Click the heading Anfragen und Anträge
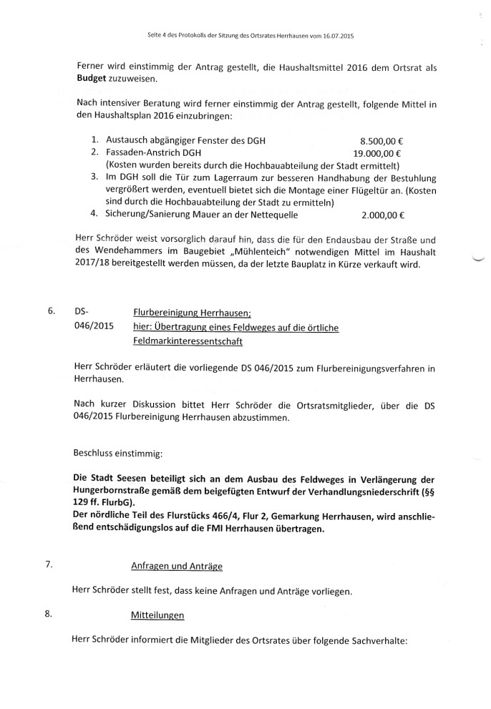coord(177,566)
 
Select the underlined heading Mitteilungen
coord(157,615)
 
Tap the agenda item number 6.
coord(51,311)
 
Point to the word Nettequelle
coord(266,213)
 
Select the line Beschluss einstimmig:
coord(117,453)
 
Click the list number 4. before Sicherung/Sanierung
coord(94,213)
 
